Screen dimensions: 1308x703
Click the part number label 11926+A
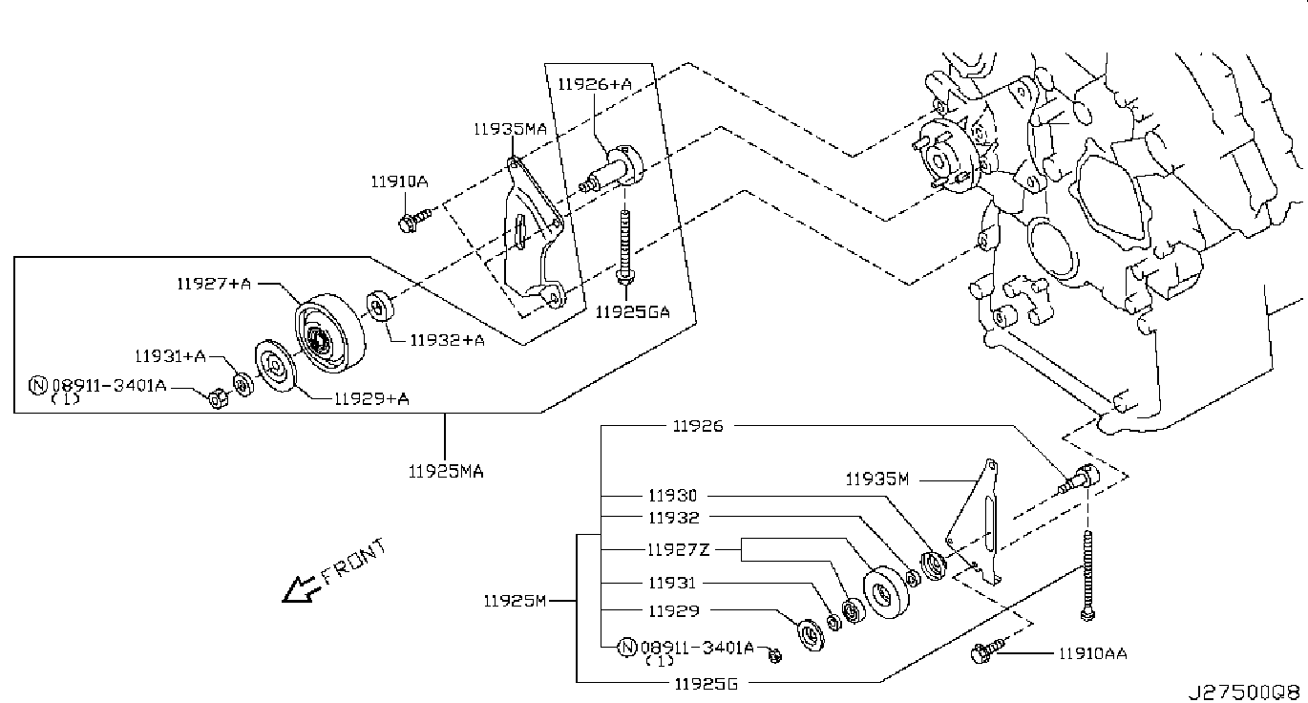[x=595, y=84]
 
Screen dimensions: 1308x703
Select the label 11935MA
[x=510, y=129]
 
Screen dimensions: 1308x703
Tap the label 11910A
[x=399, y=181]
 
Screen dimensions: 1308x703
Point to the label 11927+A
[x=214, y=284]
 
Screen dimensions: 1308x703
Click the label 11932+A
[x=447, y=340]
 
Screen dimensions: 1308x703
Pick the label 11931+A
[x=171, y=356]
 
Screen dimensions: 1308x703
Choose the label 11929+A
[x=371, y=399]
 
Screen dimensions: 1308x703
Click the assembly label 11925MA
[x=446, y=471]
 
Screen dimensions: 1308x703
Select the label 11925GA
[x=632, y=312]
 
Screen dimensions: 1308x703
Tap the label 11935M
[x=877, y=479]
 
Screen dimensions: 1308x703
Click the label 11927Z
[x=679, y=550]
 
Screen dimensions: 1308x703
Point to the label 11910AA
[x=1092, y=653]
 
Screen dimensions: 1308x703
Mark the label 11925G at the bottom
[x=706, y=683]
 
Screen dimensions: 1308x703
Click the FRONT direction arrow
[x=301, y=589]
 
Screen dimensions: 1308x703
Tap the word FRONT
[x=354, y=562]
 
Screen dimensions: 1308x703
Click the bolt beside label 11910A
[x=414, y=220]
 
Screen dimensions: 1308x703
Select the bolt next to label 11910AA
[x=987, y=650]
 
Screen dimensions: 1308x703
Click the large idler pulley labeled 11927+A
[x=330, y=333]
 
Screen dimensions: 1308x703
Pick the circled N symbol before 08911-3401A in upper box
[x=38, y=385]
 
